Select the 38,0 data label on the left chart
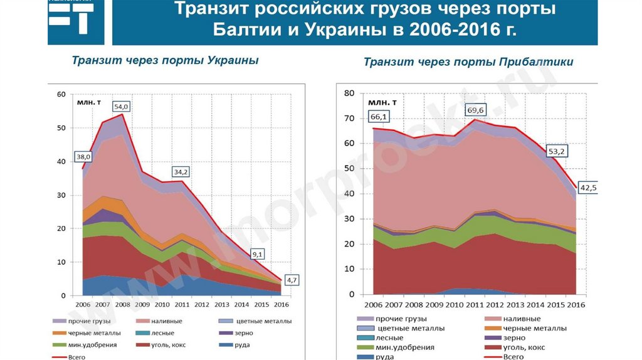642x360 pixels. tap(83, 156)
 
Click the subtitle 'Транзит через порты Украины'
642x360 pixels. tap(165, 60)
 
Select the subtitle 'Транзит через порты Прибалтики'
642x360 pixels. tap(468, 62)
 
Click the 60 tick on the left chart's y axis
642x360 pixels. tap(61, 95)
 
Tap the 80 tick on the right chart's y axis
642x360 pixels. tap(350, 93)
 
